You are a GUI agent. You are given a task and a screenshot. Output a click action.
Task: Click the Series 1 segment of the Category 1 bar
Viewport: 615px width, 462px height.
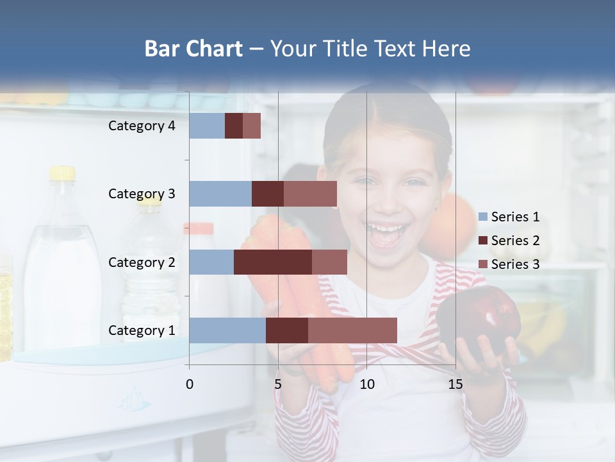227,330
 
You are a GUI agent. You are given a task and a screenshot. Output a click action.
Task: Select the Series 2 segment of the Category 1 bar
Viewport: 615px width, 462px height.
286,330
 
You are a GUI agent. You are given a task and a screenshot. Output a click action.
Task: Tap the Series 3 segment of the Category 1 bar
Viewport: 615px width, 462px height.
352,330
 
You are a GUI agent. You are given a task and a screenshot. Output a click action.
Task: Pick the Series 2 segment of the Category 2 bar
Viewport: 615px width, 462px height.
272,262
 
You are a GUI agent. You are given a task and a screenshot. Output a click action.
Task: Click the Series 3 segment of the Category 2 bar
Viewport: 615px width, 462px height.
329,262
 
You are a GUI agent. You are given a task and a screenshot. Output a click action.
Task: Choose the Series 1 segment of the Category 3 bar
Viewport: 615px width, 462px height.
220,194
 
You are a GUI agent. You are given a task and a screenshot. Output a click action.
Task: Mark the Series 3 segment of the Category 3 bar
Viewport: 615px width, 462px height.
310,194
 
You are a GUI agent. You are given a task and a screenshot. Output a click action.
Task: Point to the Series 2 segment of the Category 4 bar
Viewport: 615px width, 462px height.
233,126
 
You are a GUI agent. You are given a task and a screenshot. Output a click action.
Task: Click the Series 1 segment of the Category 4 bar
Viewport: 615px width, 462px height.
206,126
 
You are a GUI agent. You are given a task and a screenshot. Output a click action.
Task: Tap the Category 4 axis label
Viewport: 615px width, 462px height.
142,126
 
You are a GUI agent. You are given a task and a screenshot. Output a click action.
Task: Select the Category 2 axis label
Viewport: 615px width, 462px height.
142,262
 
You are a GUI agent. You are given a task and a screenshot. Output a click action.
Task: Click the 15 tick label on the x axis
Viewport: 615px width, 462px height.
455,384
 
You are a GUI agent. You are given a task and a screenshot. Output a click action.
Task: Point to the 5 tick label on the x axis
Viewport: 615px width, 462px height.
278,384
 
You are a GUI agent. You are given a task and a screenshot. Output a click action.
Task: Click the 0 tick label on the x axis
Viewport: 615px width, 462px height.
189,384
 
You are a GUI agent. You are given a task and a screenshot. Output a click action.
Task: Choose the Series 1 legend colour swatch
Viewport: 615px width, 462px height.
482,217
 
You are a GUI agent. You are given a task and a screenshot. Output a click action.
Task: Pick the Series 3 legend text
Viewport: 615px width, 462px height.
515,264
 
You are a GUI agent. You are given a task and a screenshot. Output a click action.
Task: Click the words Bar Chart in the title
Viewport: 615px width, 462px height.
193,49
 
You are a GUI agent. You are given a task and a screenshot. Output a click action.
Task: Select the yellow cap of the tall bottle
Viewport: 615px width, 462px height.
62,173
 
